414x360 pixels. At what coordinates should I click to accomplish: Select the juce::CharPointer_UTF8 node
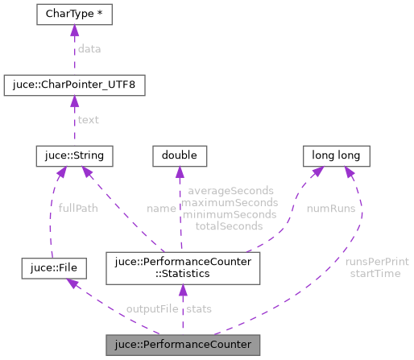coord(74,85)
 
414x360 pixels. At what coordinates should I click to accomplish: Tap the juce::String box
coord(74,154)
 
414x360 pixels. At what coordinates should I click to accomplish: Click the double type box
coord(180,154)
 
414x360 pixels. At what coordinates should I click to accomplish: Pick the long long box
coord(336,154)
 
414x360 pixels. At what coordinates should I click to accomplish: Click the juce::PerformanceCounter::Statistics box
coord(181,267)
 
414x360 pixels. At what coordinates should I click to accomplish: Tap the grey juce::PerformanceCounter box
coord(182,345)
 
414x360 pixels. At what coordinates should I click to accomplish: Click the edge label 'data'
coord(89,49)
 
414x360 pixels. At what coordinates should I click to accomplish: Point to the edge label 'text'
coord(88,119)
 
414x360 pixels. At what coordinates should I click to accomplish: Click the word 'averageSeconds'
coord(230,192)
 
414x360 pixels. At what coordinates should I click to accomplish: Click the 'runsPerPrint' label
coord(376,262)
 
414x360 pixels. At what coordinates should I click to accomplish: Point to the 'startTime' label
coord(375,273)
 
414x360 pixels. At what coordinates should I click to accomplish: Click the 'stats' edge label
coord(199,309)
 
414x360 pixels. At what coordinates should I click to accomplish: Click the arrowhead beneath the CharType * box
coord(74,31)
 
